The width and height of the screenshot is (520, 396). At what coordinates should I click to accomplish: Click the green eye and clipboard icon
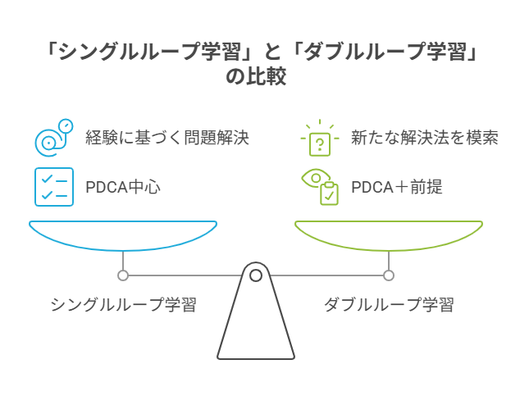(320, 186)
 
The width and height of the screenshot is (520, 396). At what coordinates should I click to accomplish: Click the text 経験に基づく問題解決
(166, 137)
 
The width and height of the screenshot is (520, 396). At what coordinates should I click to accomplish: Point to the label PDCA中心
(122, 186)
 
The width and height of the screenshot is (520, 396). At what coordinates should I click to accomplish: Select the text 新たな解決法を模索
(424, 137)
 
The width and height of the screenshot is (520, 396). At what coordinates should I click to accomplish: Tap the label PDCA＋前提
(396, 186)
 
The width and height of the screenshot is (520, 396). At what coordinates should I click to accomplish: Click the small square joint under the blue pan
(123, 275)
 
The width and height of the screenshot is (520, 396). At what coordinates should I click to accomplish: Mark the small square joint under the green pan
(389, 275)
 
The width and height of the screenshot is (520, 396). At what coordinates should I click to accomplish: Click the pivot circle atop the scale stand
(256, 275)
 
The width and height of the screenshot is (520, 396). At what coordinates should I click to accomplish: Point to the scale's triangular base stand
(256, 328)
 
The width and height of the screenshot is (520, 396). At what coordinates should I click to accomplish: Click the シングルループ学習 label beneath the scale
(123, 305)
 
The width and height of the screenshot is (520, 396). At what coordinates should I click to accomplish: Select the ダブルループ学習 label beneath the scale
(388, 305)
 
